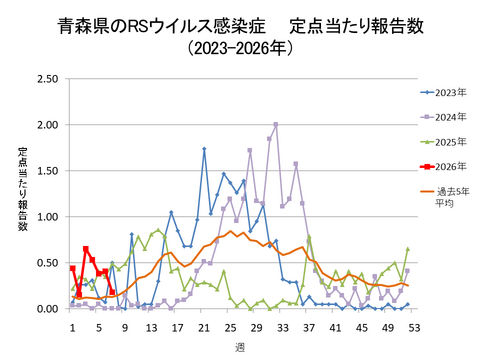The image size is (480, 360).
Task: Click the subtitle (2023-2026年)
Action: (239, 47)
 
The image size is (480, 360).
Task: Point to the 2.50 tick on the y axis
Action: (45, 79)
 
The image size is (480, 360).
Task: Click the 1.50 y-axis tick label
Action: (45, 171)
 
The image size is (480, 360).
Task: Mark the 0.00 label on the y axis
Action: (45, 309)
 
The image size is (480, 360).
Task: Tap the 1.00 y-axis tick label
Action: (45, 217)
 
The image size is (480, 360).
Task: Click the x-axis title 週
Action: (240, 345)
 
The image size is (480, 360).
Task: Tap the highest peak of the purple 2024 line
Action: (276, 125)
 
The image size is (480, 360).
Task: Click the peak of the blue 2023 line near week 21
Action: (204, 149)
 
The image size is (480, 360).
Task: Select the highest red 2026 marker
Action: (86, 249)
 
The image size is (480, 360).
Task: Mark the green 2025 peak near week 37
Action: (309, 238)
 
